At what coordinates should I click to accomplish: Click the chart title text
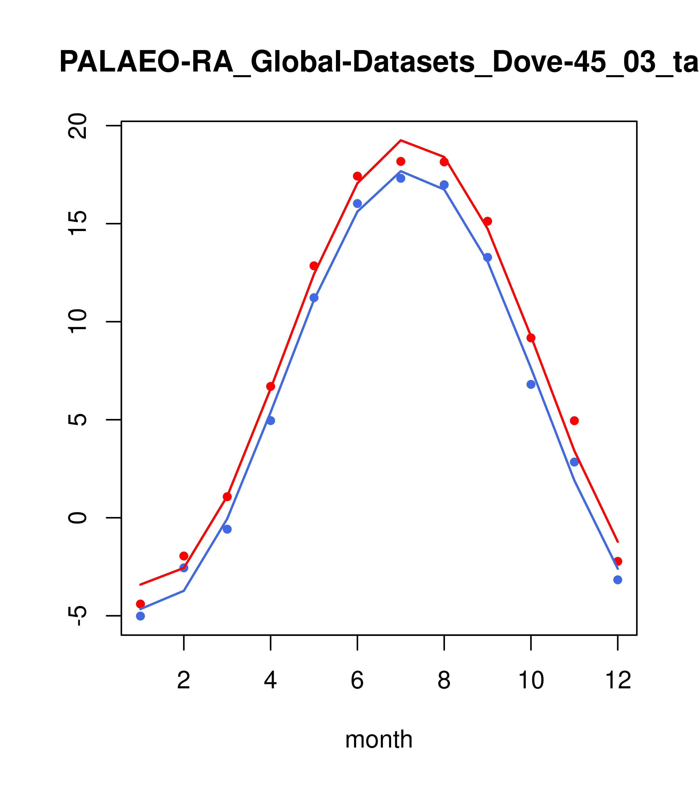click(x=379, y=62)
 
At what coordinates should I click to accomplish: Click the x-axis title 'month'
click(x=379, y=739)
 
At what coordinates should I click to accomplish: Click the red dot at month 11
click(x=574, y=421)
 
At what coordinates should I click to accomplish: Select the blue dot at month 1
click(x=140, y=616)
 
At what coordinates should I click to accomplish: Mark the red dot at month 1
click(x=140, y=604)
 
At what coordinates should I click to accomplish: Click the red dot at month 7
click(x=401, y=161)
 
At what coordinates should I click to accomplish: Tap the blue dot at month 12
click(x=618, y=580)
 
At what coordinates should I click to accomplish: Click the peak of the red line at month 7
click(x=401, y=140)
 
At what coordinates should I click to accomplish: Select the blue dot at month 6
click(x=357, y=203)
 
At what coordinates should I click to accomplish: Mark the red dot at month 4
click(x=271, y=386)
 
